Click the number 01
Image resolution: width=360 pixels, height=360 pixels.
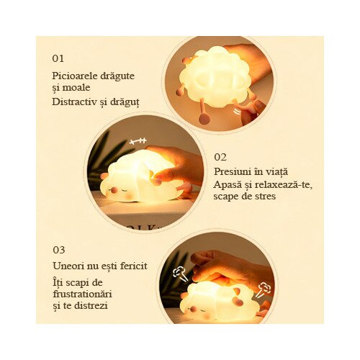58,58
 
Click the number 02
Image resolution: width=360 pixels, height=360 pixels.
220,157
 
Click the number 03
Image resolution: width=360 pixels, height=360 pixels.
59,250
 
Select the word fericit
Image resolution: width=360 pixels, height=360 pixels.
134,266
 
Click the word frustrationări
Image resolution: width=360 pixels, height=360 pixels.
83,294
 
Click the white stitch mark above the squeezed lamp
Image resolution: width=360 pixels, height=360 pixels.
138,141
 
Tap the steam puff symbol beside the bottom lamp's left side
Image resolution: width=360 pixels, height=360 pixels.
181,274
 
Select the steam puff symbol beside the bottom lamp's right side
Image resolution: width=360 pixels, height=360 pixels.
264,290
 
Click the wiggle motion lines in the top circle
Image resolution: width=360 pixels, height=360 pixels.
238,112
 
